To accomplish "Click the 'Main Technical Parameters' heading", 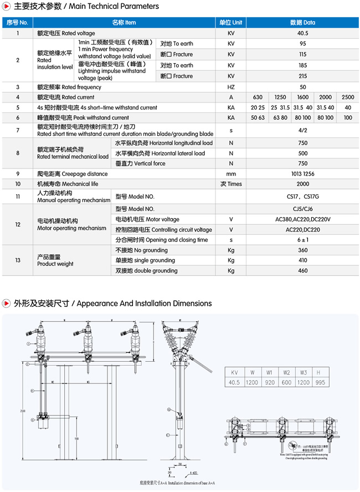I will pos(86,7).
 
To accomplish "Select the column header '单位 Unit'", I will pos(230,23).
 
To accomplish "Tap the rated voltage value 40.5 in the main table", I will pos(302,33).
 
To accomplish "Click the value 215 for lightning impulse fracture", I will pos(302,76).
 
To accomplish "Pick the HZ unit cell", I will pos(231,87).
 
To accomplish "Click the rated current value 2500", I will pos(348,97).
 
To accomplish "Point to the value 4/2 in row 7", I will pos(302,130).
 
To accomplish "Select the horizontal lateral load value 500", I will pos(302,153).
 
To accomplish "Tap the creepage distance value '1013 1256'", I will pos(302,174).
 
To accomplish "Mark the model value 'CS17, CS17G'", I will pos(302,196).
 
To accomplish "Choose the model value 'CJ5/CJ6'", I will pos(302,209).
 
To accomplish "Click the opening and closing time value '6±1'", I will pos(302,240).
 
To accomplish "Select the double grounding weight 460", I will pos(302,270).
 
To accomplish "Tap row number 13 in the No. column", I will pos(18,260).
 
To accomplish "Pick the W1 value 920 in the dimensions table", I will pos(269,383).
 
